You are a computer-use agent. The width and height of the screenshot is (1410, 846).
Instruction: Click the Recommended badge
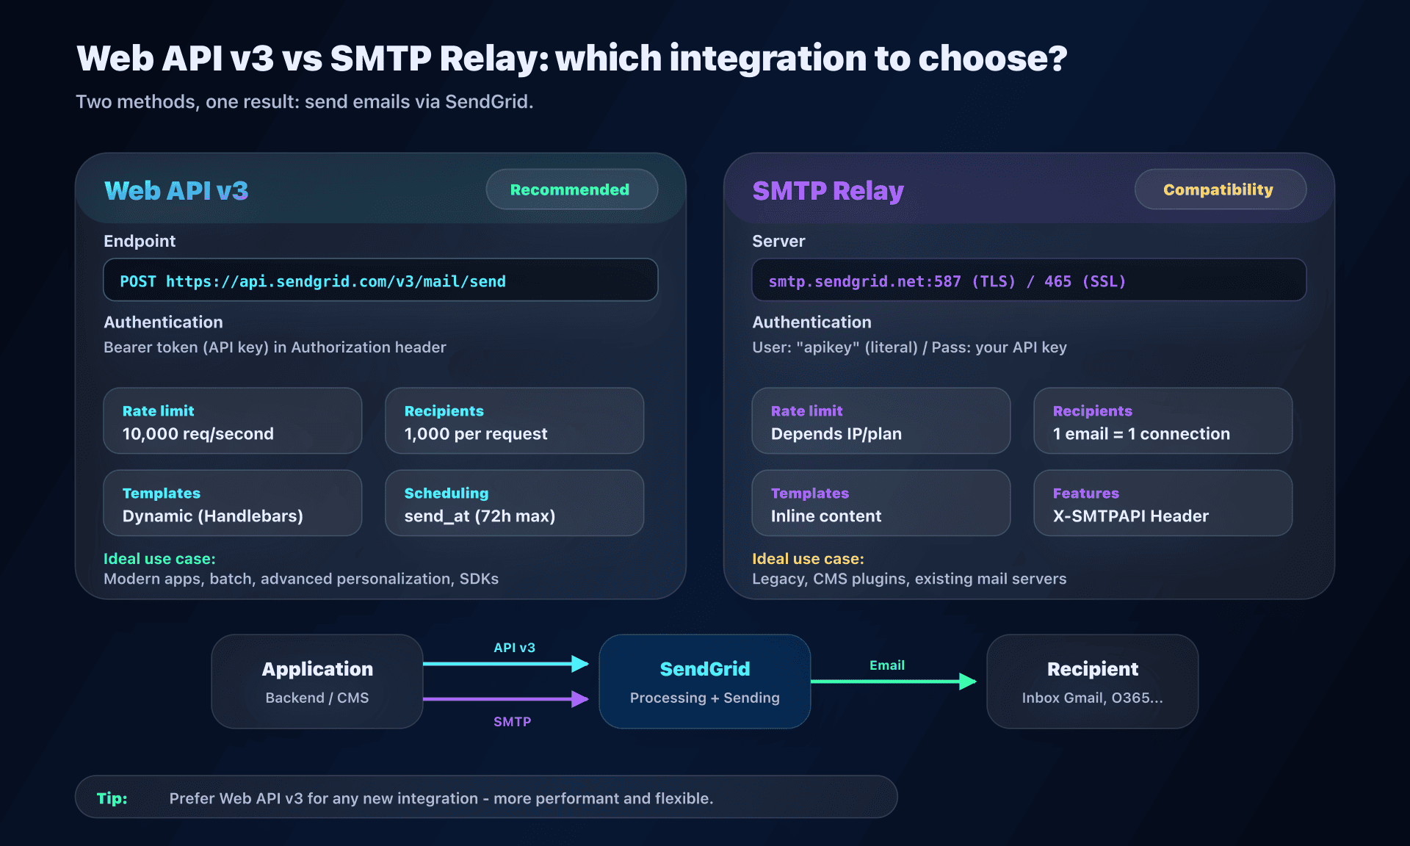(571, 189)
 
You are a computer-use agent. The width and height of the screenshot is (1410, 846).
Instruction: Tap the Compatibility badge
(1219, 189)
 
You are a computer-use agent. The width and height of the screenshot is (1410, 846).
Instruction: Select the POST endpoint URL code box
(380, 281)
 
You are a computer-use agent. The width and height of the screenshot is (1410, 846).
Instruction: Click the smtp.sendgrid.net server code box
(1028, 281)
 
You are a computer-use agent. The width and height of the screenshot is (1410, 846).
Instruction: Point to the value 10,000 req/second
(198, 434)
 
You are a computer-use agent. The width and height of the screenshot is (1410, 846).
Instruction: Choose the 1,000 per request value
(475, 434)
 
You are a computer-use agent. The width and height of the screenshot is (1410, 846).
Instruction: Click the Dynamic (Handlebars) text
(212, 516)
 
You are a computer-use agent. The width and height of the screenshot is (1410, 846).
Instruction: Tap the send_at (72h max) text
(479, 516)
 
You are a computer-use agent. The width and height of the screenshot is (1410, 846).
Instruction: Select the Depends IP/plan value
(836, 434)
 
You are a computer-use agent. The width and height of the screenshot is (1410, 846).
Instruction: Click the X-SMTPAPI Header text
(1130, 516)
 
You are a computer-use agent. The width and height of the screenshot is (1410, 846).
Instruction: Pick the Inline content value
(825, 516)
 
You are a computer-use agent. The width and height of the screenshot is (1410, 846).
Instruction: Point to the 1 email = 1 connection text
(1140, 434)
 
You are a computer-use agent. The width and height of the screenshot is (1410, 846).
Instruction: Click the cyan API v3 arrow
(507, 664)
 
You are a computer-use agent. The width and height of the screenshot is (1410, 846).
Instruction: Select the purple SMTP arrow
(507, 699)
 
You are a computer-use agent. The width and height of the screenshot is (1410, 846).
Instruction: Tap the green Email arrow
(893, 681)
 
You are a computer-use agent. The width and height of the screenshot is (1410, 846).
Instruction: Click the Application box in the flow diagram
(317, 681)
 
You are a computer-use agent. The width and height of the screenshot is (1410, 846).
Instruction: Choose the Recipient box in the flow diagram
(1092, 681)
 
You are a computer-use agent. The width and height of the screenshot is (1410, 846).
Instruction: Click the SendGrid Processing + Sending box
(704, 681)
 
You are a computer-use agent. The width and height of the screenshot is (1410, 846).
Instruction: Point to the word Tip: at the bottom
(112, 798)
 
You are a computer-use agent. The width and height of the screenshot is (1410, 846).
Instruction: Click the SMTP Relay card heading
(828, 191)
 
